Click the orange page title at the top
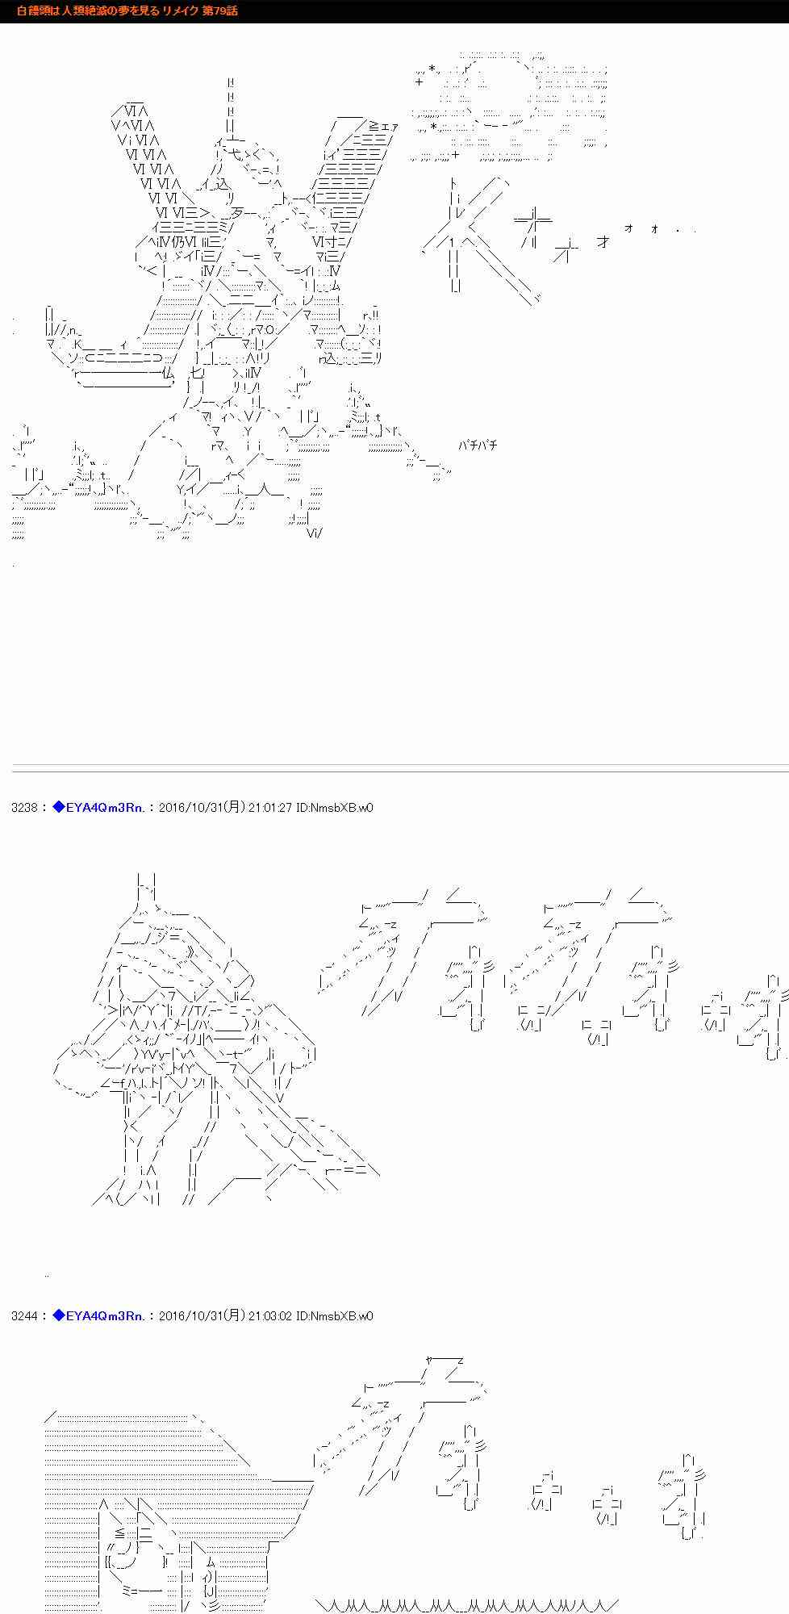127,10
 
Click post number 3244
23,1316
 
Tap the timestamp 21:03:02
269,1316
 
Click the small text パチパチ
478,445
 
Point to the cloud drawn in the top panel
510,105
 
